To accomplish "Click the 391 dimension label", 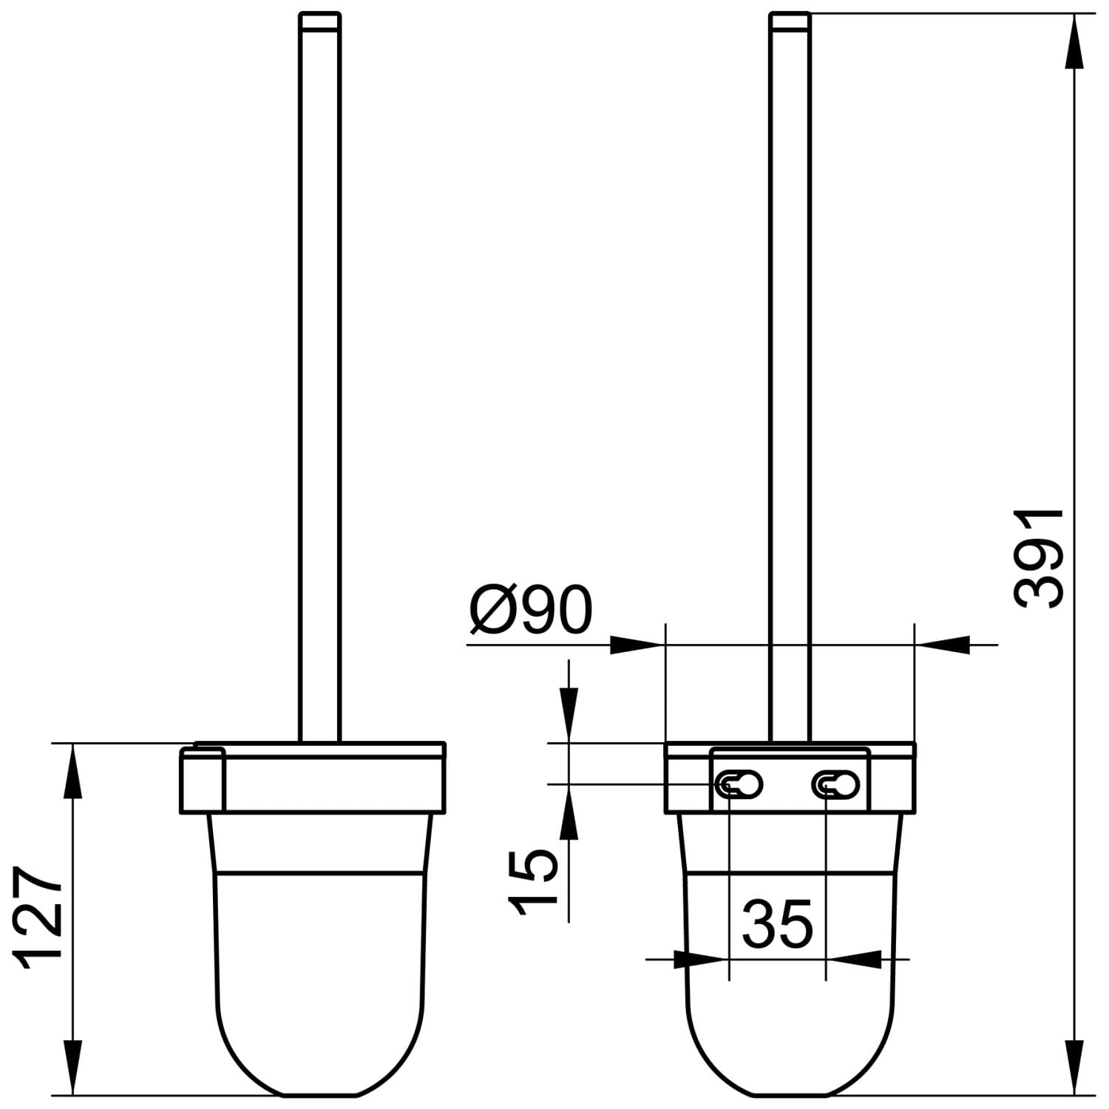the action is [1038, 558].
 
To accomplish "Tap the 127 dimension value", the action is [38, 917].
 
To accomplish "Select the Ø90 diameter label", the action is [531, 611].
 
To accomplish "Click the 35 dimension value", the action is [777, 924].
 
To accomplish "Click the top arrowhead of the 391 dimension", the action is [1074, 41].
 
